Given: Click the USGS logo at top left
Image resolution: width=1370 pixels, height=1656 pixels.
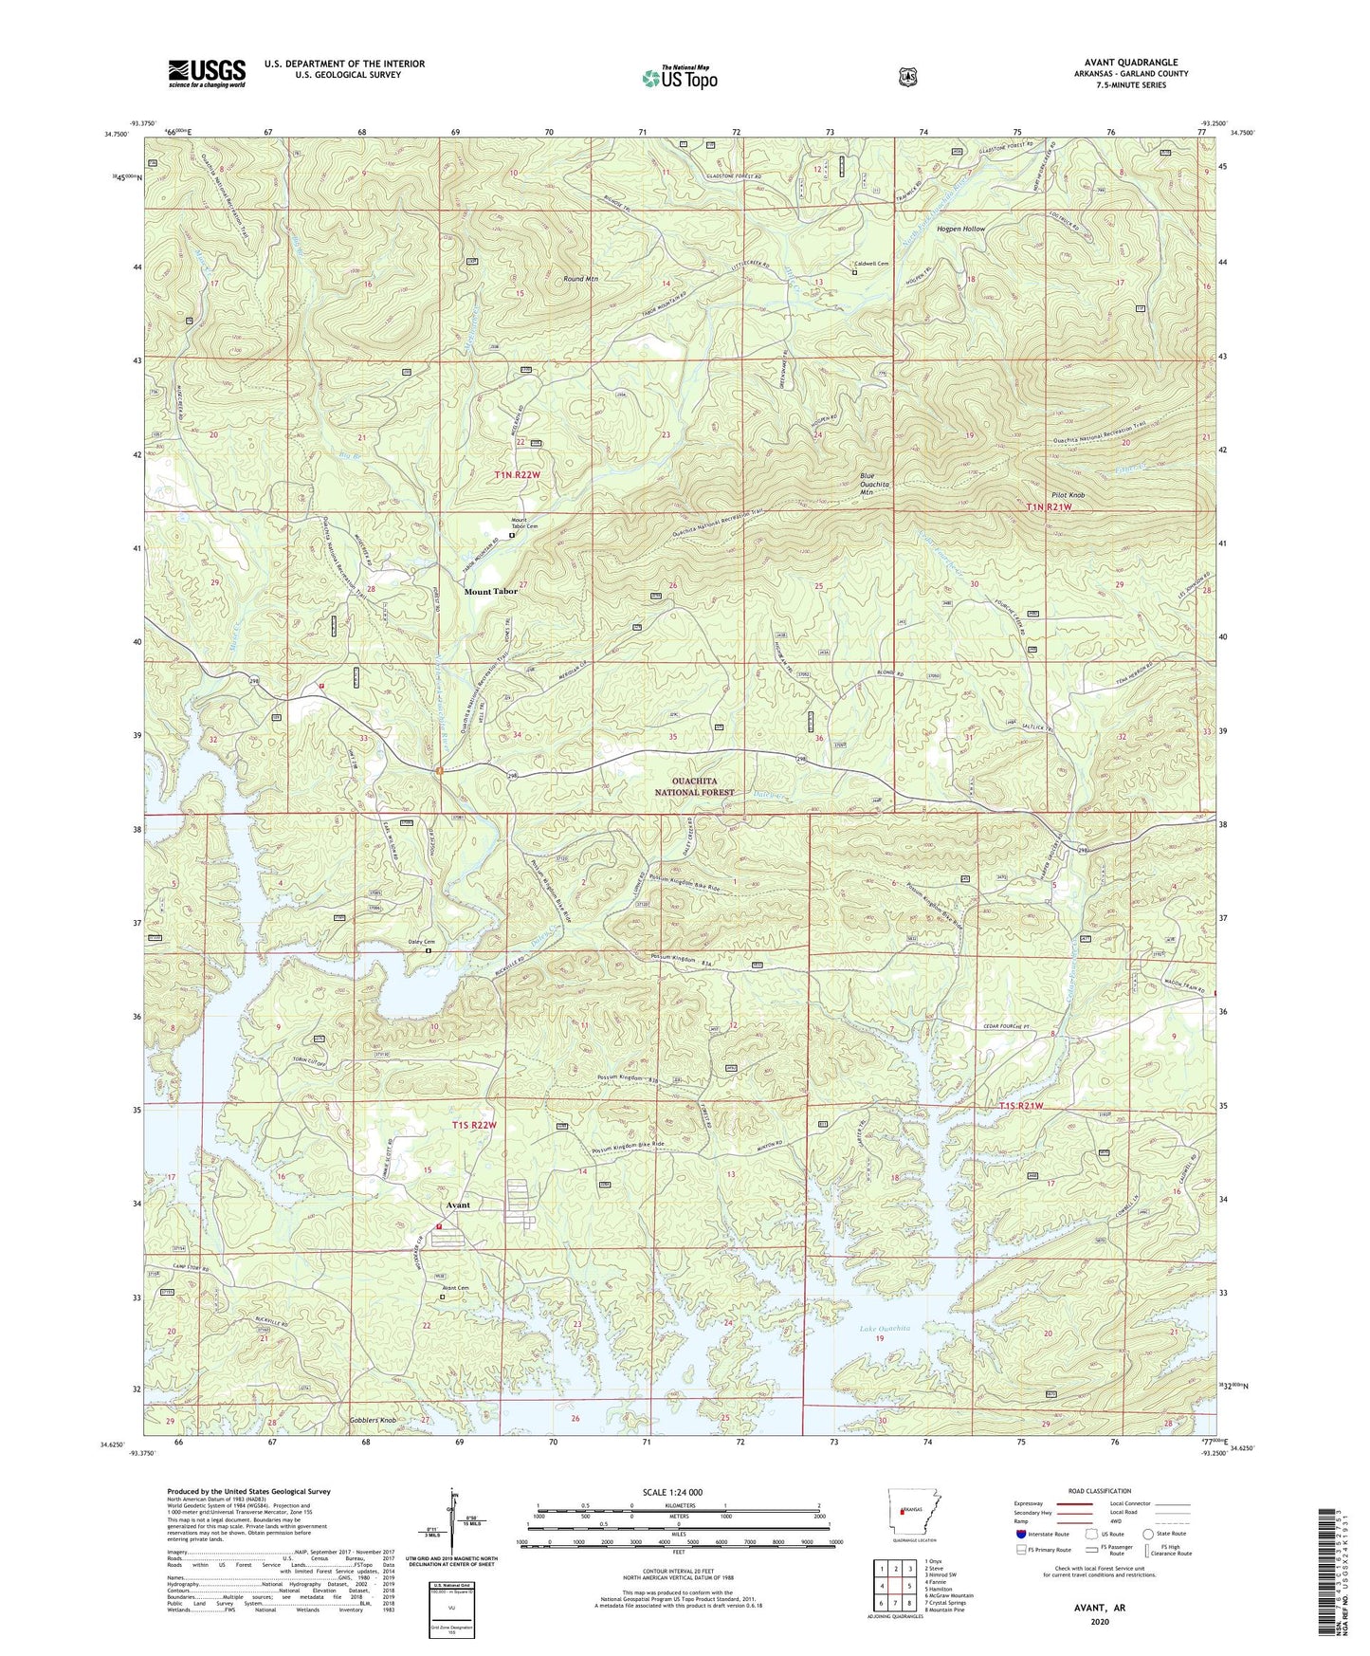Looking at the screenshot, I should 207,73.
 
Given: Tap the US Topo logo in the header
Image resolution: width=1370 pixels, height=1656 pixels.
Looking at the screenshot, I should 679,78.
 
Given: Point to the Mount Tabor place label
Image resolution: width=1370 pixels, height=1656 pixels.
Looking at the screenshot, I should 490,591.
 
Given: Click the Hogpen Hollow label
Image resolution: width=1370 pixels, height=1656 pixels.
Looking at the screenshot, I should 960,230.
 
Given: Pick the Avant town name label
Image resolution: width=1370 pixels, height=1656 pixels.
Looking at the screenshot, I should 458,1205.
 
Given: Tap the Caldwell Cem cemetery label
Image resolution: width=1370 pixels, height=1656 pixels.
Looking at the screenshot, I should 871,264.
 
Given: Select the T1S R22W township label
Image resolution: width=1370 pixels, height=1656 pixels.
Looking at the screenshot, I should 473,1125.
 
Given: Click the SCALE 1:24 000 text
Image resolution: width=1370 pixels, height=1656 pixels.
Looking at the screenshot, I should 672,1492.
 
